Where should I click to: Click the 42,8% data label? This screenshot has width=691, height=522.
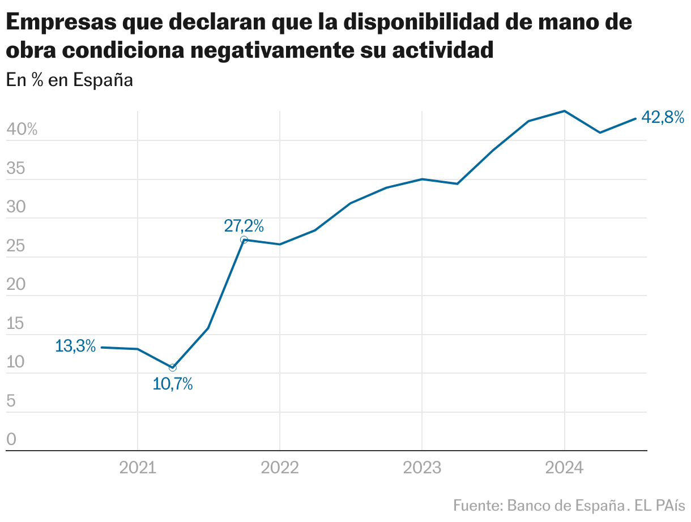pos(662,118)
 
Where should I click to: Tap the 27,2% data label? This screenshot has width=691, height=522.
pos(244,226)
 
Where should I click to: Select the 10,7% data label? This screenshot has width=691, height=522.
pos(173,384)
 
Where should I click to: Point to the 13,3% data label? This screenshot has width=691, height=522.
pos(75,346)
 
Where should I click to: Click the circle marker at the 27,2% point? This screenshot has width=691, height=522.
pos(244,239)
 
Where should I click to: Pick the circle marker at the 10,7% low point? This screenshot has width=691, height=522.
pos(173,367)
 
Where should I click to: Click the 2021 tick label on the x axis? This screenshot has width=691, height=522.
pos(138,468)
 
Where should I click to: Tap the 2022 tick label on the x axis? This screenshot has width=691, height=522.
pos(280,468)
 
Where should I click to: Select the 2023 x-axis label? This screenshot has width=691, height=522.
pos(422,468)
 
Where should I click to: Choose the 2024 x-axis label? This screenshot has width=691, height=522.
pos(564,468)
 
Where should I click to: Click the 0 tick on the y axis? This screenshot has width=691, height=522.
pos(11,439)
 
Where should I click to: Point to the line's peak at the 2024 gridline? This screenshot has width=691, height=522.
pos(564,111)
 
